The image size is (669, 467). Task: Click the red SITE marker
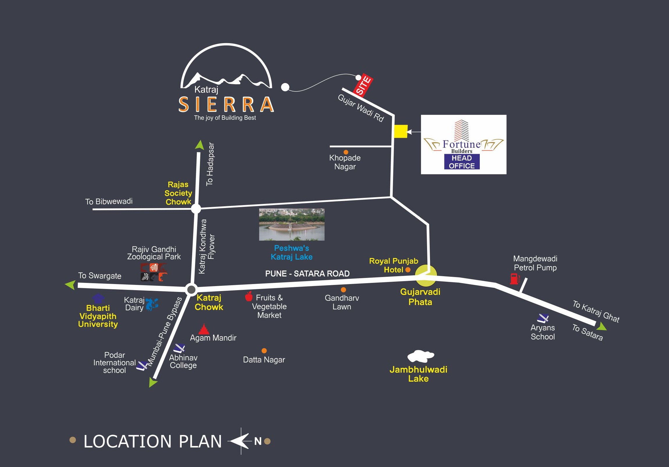pos(363,85)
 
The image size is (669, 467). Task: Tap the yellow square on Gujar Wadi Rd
pos(401,131)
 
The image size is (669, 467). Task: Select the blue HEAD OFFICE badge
pos(461,162)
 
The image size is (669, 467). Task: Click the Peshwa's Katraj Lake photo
pos(292,224)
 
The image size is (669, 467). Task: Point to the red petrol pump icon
pos(515,279)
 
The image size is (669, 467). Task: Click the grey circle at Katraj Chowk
pos(191,290)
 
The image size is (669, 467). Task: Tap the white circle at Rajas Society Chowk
pos(196,209)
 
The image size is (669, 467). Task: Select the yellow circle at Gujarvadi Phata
pos(426,276)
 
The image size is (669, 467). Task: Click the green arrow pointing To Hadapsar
pos(200,145)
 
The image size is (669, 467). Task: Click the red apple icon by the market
pos(249,296)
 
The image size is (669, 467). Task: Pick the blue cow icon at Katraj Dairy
pos(152,304)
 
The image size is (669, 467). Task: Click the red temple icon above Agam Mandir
pos(204,329)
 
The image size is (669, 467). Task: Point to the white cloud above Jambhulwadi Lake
pos(420,356)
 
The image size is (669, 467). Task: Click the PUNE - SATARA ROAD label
pos(307,274)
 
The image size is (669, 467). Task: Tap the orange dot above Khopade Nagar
pos(346,152)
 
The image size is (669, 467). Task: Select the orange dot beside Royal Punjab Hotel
pos(408,270)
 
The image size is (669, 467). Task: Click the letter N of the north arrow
pos(258,441)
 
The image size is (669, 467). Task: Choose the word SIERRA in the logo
pos(226,104)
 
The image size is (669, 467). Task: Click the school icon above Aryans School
pos(543,318)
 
